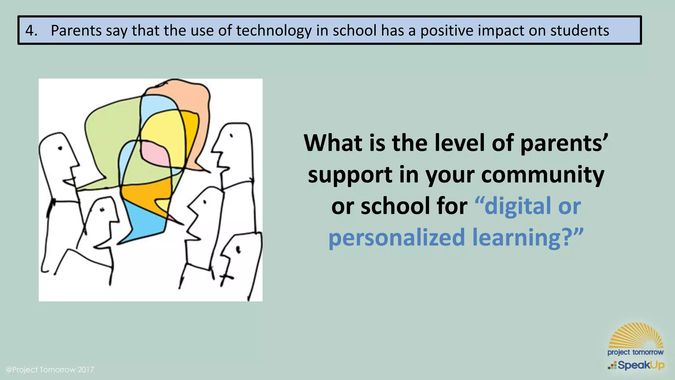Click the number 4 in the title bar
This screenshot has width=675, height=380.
coord(30,31)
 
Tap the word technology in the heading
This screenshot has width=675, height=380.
coord(274,31)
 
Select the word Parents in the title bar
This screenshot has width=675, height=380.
coord(76,31)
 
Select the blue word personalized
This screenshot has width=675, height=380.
coord(396,237)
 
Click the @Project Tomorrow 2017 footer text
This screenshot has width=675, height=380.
coord(50,369)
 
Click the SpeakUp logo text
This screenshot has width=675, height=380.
coord(640,365)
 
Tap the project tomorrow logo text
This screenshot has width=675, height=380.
coord(635,352)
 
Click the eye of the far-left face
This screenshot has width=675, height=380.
coord(60,148)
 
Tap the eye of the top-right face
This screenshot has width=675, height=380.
coord(231,135)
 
